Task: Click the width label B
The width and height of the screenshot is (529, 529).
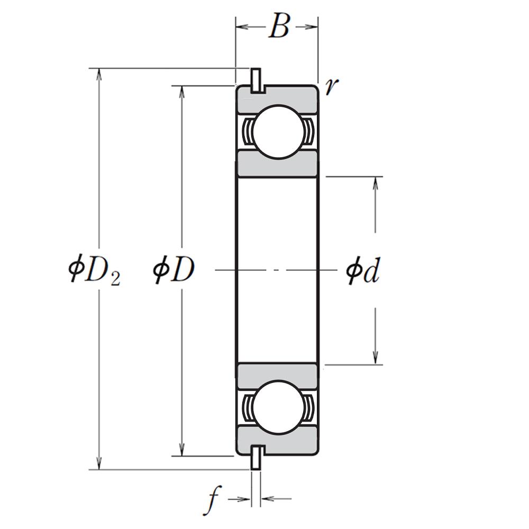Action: pos(279,26)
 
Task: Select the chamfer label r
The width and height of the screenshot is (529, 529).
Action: pos(332,86)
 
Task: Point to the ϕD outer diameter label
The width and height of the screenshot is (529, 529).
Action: pos(174,270)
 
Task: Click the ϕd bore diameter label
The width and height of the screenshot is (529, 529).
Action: pos(363,270)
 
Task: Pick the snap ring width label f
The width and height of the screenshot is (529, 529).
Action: pos(212,500)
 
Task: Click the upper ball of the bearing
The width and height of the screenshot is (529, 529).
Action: pos(278,132)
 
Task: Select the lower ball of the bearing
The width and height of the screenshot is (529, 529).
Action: pos(278,407)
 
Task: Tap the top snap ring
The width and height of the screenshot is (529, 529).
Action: pos(256,80)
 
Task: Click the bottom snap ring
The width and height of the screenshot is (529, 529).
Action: pos(256,457)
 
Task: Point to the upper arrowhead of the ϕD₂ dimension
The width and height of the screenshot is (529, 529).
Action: pos(98,75)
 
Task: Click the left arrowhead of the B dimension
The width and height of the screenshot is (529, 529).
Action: pos(242,26)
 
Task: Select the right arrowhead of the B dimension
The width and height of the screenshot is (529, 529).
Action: pos(311,26)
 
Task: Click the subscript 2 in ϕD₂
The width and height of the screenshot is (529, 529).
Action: pos(115,280)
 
